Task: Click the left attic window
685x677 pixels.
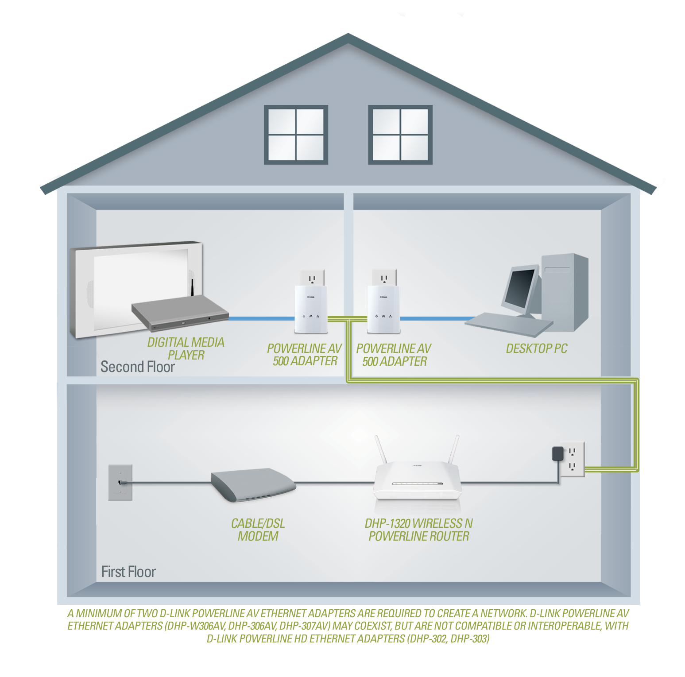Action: tap(296, 135)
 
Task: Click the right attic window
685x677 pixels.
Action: tap(400, 135)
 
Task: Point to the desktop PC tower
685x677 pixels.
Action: tap(565, 292)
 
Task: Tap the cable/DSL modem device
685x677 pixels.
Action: tap(253, 485)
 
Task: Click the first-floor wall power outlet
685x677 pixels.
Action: tap(572, 459)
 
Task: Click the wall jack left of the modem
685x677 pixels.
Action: tap(120, 482)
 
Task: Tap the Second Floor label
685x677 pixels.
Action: tap(137, 367)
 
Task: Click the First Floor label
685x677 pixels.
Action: tap(128, 572)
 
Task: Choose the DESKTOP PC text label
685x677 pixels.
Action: tap(536, 348)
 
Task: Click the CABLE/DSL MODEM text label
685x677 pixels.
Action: tap(258, 530)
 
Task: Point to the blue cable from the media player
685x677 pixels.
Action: tap(261, 318)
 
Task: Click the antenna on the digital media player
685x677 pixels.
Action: tap(193, 288)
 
